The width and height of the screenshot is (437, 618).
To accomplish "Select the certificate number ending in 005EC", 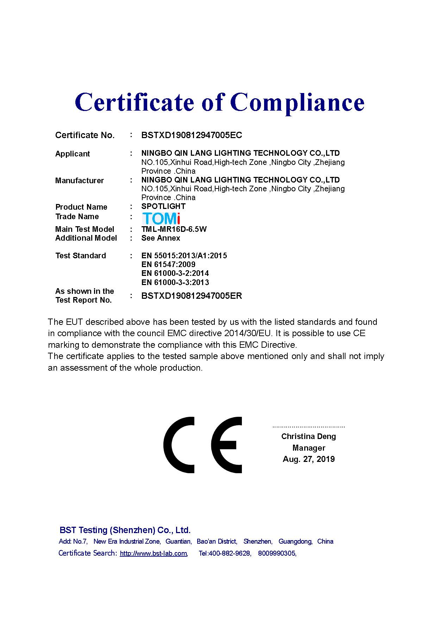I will pyautogui.click(x=192, y=135).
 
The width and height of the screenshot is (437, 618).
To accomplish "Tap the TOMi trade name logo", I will pyautogui.click(x=161, y=218).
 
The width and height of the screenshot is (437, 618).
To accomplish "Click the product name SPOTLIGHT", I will pyautogui.click(x=163, y=206).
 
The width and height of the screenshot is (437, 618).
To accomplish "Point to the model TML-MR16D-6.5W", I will pyautogui.click(x=174, y=229).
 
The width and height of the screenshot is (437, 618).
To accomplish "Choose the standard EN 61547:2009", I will pyautogui.click(x=168, y=264).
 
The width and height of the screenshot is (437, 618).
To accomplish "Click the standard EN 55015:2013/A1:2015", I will pyautogui.click(x=184, y=255).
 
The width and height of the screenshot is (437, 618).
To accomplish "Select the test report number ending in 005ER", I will pyautogui.click(x=192, y=296).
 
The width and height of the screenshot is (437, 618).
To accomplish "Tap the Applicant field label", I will pyautogui.click(x=73, y=154).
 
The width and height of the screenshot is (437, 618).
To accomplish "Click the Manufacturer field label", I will pyautogui.click(x=80, y=180).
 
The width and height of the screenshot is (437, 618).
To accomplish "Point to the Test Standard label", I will pyautogui.click(x=81, y=255).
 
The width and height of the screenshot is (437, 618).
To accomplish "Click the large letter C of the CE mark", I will pyautogui.click(x=179, y=445).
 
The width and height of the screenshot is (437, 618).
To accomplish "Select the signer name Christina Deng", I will pyautogui.click(x=308, y=436).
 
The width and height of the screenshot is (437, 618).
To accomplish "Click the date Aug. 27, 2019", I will pyautogui.click(x=308, y=459).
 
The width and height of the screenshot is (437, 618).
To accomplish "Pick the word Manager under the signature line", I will pyautogui.click(x=308, y=448).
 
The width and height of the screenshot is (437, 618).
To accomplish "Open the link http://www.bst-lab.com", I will pyautogui.click(x=153, y=553).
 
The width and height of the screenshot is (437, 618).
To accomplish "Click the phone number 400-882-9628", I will pyautogui.click(x=230, y=553).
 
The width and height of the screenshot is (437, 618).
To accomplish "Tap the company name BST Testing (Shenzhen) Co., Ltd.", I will pyautogui.click(x=125, y=530).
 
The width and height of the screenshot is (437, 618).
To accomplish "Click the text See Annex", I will pyautogui.click(x=161, y=238).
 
